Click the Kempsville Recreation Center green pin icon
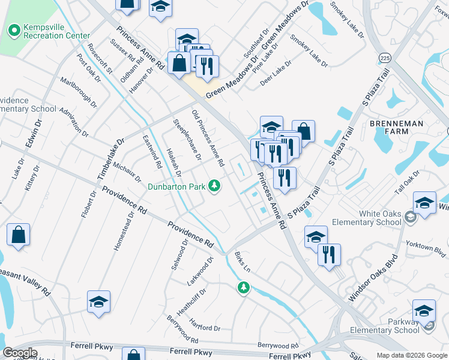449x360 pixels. coord(13,29)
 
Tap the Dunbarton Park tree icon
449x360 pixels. coord(214,186)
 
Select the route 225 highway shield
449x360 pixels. coord(385,58)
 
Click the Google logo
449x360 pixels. coord(20,353)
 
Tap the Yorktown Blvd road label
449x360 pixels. coord(430,249)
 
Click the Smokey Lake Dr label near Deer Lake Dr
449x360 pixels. coord(309,50)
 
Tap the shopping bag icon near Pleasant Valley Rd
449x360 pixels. coord(19,235)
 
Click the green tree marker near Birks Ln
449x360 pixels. coord(243,289)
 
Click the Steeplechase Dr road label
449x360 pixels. coord(187,140)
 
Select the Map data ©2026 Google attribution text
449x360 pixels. coord(411,355)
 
